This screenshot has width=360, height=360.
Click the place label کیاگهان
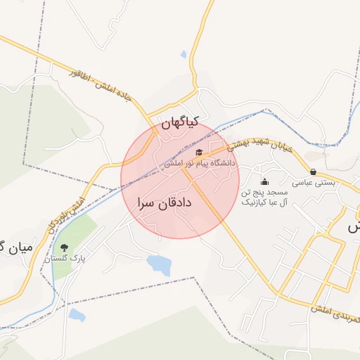181,123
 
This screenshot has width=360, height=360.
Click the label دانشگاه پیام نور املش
200,163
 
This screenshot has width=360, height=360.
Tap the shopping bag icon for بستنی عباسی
313,172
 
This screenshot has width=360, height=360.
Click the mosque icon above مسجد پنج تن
264,182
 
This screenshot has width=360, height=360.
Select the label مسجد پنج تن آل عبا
265,197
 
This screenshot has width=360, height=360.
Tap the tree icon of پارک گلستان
65,247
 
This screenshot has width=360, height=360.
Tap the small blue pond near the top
184,54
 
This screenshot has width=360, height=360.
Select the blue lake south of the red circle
160,265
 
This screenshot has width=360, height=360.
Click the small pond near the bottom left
77,315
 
